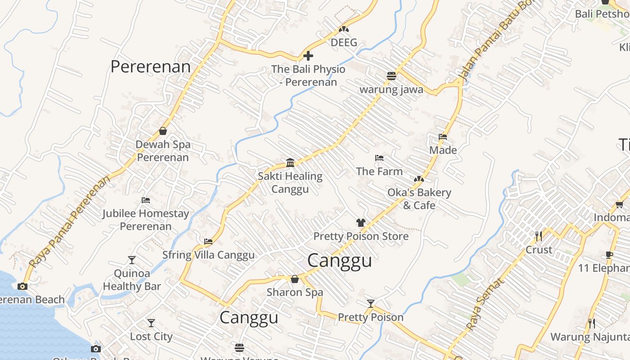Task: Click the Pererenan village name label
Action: [150, 67]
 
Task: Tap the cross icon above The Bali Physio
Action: [308, 56]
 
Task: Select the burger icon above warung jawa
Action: [391, 76]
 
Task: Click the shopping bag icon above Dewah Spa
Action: [163, 131]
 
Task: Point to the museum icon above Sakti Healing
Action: [290, 162]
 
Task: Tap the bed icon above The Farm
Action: [379, 158]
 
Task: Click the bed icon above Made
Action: [443, 137]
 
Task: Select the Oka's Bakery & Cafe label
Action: [419, 199]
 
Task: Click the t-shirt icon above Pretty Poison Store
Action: [361, 222]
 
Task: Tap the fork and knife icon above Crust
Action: [538, 236]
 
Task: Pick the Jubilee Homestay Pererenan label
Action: [145, 220]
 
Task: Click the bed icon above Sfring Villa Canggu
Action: [208, 242]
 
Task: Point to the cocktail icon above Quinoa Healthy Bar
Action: [131, 260]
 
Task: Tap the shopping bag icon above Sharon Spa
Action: [295, 279]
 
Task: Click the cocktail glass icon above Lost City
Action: [151, 323]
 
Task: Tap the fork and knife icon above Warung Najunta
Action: [592, 323]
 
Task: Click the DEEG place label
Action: [344, 43]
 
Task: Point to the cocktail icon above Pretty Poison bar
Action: [370, 304]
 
